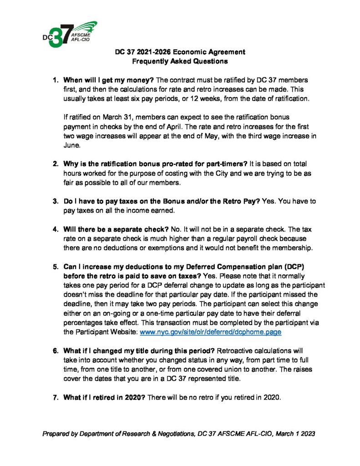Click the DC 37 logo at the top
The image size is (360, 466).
point(68,34)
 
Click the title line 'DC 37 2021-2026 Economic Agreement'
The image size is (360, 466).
point(179,52)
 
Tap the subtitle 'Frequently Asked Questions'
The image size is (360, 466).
point(179,61)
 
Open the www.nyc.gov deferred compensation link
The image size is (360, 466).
point(210,332)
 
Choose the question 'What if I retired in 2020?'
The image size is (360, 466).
point(104,397)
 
